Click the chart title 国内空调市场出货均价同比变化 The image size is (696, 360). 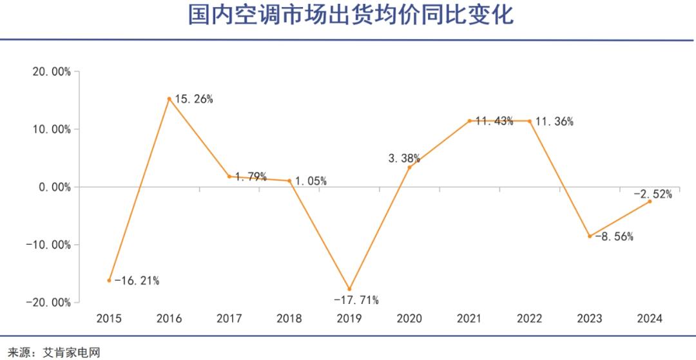click(351, 15)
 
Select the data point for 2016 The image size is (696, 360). click(169, 99)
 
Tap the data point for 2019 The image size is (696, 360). click(350, 289)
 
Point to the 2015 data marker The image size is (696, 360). click(110, 280)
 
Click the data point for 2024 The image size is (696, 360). click(650, 202)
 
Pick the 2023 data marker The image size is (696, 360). click(589, 236)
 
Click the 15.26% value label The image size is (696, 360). click(194, 99)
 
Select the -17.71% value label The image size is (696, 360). click(356, 300)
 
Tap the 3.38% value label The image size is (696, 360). click(405, 158)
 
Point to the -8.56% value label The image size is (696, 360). click(614, 236)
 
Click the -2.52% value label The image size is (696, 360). click(652, 193)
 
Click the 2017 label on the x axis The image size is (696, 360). click(229, 318)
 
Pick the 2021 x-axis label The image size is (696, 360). click(469, 318)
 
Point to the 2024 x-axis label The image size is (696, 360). click(649, 318)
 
